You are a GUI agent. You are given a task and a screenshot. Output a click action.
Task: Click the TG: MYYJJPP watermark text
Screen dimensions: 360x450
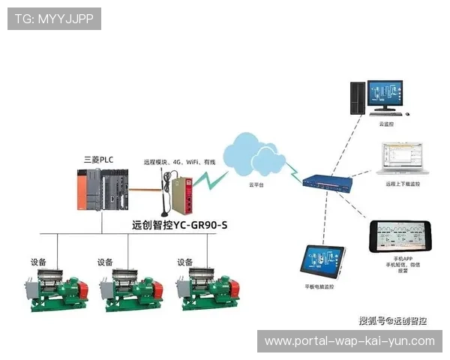coord(53,18)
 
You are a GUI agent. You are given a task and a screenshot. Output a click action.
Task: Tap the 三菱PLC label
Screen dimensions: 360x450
coord(97,160)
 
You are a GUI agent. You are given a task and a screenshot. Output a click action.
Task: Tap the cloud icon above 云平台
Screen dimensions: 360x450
coord(256,153)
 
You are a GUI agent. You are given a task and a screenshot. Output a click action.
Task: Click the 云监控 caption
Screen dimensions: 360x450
coord(386,124)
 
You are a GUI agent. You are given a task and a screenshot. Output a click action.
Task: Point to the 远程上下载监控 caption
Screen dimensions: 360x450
coord(402,183)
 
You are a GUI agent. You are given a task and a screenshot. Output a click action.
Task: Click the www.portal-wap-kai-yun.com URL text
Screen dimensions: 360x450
coord(349,340)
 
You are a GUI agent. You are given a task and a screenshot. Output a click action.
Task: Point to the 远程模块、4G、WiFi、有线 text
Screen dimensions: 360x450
coord(180,162)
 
